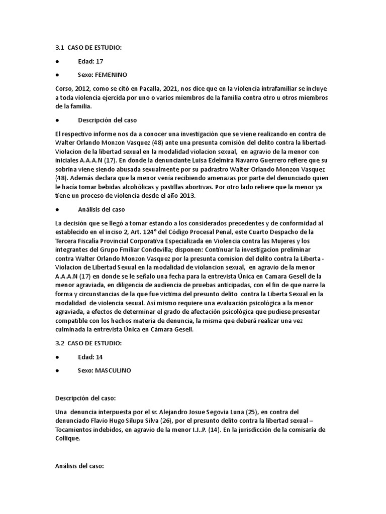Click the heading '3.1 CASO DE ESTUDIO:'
88,48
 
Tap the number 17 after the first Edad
99,61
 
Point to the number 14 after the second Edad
99,356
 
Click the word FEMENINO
110,74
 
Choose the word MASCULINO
112,370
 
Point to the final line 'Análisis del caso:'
79,466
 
